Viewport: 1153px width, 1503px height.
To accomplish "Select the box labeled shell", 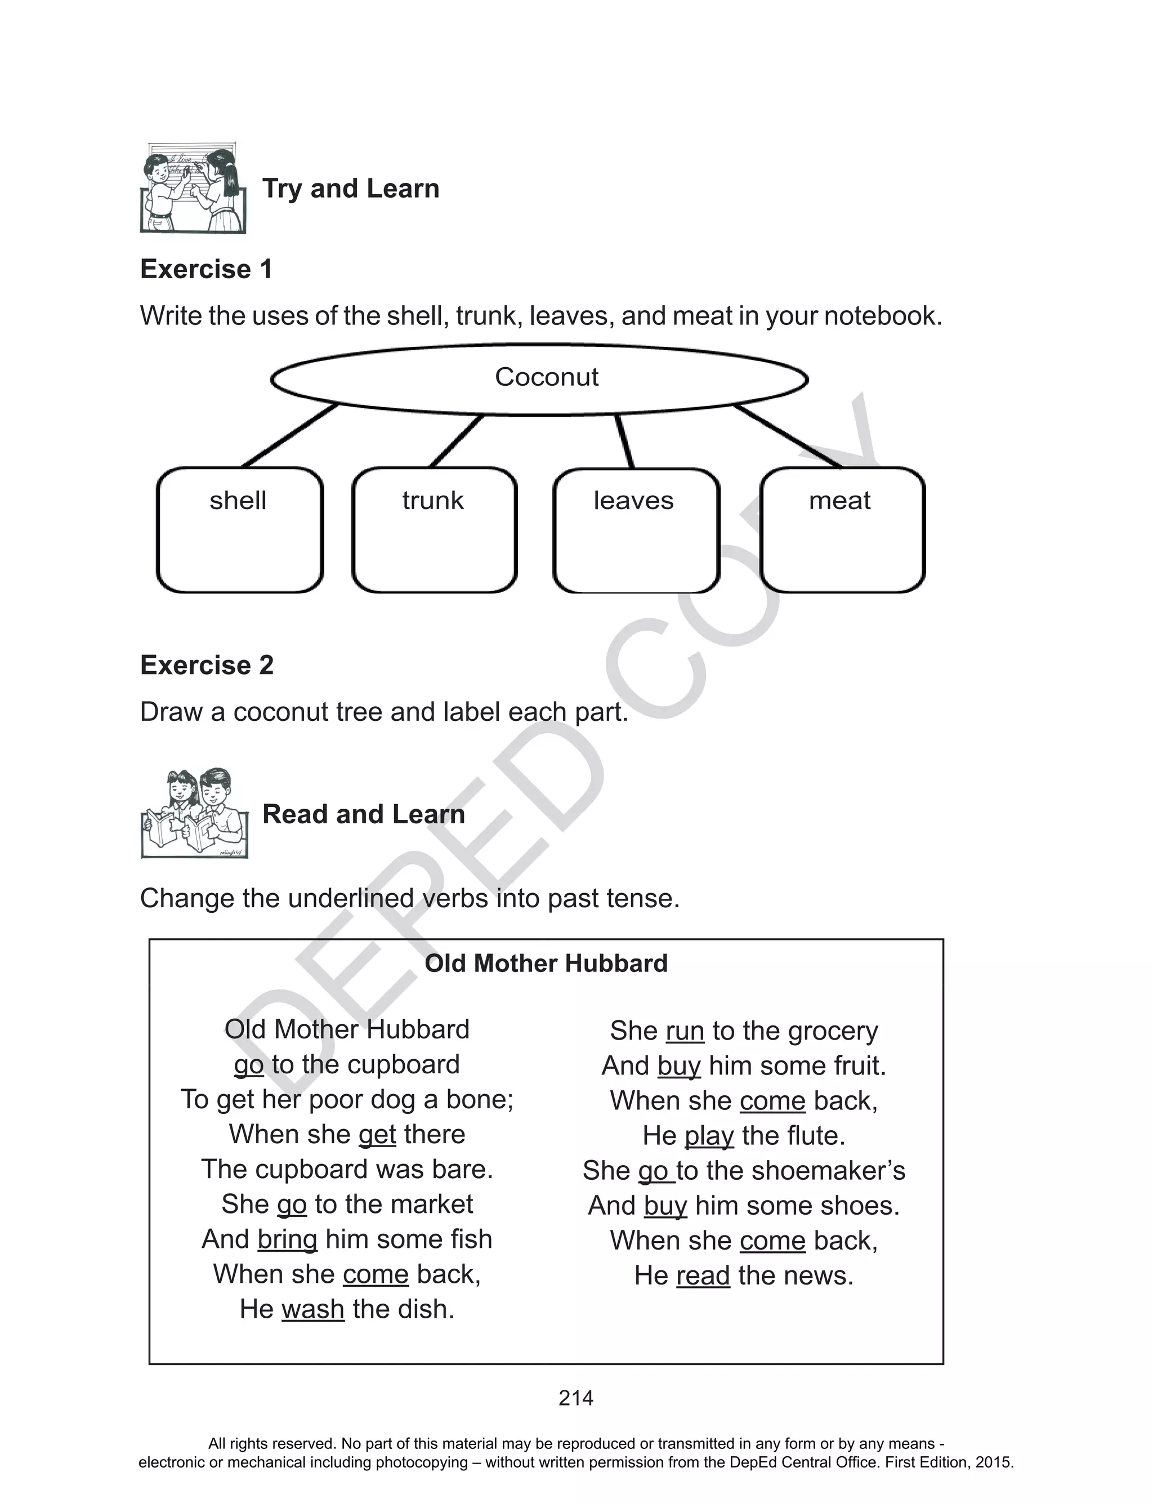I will tap(239, 530).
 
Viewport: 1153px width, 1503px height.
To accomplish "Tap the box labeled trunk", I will tap(434, 530).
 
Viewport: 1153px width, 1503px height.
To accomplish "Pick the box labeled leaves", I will tap(636, 530).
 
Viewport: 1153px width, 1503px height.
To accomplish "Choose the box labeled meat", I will tap(842, 530).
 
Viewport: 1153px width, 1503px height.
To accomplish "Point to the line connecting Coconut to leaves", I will tap(624, 441).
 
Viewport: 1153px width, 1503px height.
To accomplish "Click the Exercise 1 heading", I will tap(206, 269).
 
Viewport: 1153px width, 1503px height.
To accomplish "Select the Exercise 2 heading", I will tap(207, 665).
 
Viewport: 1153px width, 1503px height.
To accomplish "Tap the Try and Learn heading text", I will tap(351, 189).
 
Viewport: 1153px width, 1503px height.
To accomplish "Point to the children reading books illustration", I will tap(194, 813).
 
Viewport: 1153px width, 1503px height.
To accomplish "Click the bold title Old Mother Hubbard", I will tap(546, 964).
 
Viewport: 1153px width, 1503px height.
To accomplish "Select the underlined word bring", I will tap(287, 1239).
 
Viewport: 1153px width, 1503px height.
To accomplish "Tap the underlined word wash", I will tap(313, 1309).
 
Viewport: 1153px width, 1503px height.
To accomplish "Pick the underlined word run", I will tap(685, 1032).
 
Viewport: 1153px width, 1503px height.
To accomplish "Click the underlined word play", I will tap(709, 1136).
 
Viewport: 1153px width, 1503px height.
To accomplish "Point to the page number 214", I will tap(576, 1398).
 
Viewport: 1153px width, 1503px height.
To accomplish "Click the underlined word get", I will tap(377, 1135).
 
